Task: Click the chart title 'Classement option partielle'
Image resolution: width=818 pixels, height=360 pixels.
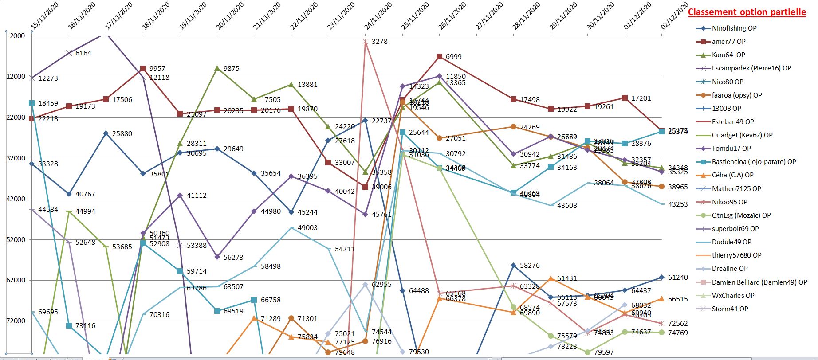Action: pyautogui.click(x=747, y=12)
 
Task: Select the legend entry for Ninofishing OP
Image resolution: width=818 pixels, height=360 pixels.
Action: pyautogui.click(x=734, y=28)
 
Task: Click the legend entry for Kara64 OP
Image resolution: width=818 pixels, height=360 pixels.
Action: pyautogui.click(x=728, y=55)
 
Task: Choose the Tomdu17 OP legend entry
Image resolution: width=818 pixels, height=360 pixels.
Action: pyautogui.click(x=731, y=149)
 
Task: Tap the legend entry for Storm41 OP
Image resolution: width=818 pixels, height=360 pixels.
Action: pyautogui.click(x=730, y=309)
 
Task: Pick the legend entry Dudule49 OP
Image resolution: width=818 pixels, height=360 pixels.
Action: pyautogui.click(x=731, y=242)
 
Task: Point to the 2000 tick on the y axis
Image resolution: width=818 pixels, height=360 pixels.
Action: pyautogui.click(x=17, y=36)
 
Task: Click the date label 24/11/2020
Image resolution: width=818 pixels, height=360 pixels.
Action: pyautogui.click(x=378, y=17)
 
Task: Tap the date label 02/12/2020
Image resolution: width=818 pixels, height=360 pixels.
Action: pyautogui.click(x=674, y=17)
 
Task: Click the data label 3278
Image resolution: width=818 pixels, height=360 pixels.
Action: pyautogui.click(x=379, y=42)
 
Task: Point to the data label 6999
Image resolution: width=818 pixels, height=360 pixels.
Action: pyautogui.click(x=453, y=57)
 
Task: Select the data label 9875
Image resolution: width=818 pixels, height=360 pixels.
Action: pyautogui.click(x=231, y=69)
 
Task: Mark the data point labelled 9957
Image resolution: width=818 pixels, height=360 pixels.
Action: pyautogui.click(x=143, y=69)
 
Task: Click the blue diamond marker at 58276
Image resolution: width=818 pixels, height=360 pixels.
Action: pyautogui.click(x=513, y=266)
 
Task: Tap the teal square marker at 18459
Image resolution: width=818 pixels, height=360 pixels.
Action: pyautogui.click(x=31, y=103)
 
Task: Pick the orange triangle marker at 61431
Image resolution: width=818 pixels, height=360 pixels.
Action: pyautogui.click(x=551, y=278)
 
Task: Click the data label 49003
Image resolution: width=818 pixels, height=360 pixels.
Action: pyautogui.click(x=307, y=228)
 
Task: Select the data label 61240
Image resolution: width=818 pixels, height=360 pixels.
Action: pyautogui.click(x=678, y=278)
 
